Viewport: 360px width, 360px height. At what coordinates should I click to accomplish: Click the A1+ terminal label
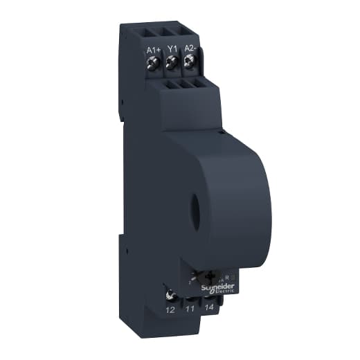coord(154,49)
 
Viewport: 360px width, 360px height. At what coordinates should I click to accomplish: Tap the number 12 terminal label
coord(170,309)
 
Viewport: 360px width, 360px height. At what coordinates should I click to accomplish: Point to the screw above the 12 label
coord(170,296)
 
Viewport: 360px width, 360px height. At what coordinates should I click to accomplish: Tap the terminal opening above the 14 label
coord(210,298)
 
